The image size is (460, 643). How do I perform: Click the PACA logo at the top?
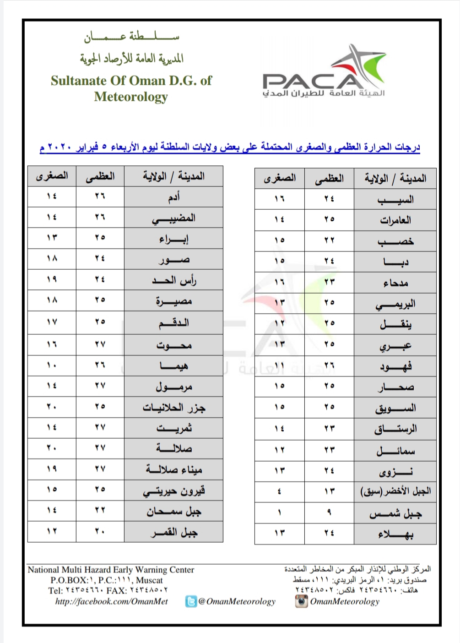(323, 73)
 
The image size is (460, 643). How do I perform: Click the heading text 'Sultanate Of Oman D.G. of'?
(131, 81)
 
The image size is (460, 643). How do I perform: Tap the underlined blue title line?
(230, 147)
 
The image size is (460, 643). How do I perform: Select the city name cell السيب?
(395, 199)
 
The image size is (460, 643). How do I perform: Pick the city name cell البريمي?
(395, 303)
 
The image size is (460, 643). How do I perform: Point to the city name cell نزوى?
(395, 470)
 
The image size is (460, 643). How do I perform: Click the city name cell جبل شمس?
(395, 512)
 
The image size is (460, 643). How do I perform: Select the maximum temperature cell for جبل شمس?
(329, 512)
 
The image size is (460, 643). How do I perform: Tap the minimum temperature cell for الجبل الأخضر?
(279, 491)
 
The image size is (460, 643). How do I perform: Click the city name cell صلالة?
(173, 448)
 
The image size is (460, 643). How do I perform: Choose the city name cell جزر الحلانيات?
(173, 407)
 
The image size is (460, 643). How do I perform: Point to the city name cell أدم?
(173, 196)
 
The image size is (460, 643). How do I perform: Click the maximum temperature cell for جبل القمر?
(100, 531)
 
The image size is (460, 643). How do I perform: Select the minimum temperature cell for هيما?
(51, 365)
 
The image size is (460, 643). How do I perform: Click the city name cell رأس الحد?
(173, 280)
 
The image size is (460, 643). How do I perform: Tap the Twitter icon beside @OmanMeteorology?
(191, 601)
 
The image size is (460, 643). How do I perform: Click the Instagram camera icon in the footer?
(301, 601)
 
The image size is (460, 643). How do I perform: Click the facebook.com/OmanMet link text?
(112, 601)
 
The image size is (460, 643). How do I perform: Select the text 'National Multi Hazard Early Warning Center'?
(111, 570)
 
